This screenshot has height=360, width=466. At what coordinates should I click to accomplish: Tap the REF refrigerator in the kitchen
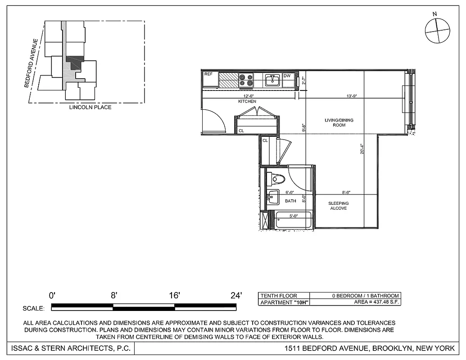[209, 80]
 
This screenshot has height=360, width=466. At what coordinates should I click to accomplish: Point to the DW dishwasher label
[287, 76]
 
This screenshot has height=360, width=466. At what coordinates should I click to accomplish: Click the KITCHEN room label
[247, 102]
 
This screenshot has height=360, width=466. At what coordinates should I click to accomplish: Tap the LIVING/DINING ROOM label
[339, 122]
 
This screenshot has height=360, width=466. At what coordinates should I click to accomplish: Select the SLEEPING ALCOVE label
[338, 206]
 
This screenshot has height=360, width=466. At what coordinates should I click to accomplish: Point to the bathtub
[294, 220]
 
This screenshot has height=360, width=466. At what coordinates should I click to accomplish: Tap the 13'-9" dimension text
[352, 96]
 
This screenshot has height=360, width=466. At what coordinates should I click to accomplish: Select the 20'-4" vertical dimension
[362, 148]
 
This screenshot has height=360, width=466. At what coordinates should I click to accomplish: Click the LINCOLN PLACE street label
[90, 108]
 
